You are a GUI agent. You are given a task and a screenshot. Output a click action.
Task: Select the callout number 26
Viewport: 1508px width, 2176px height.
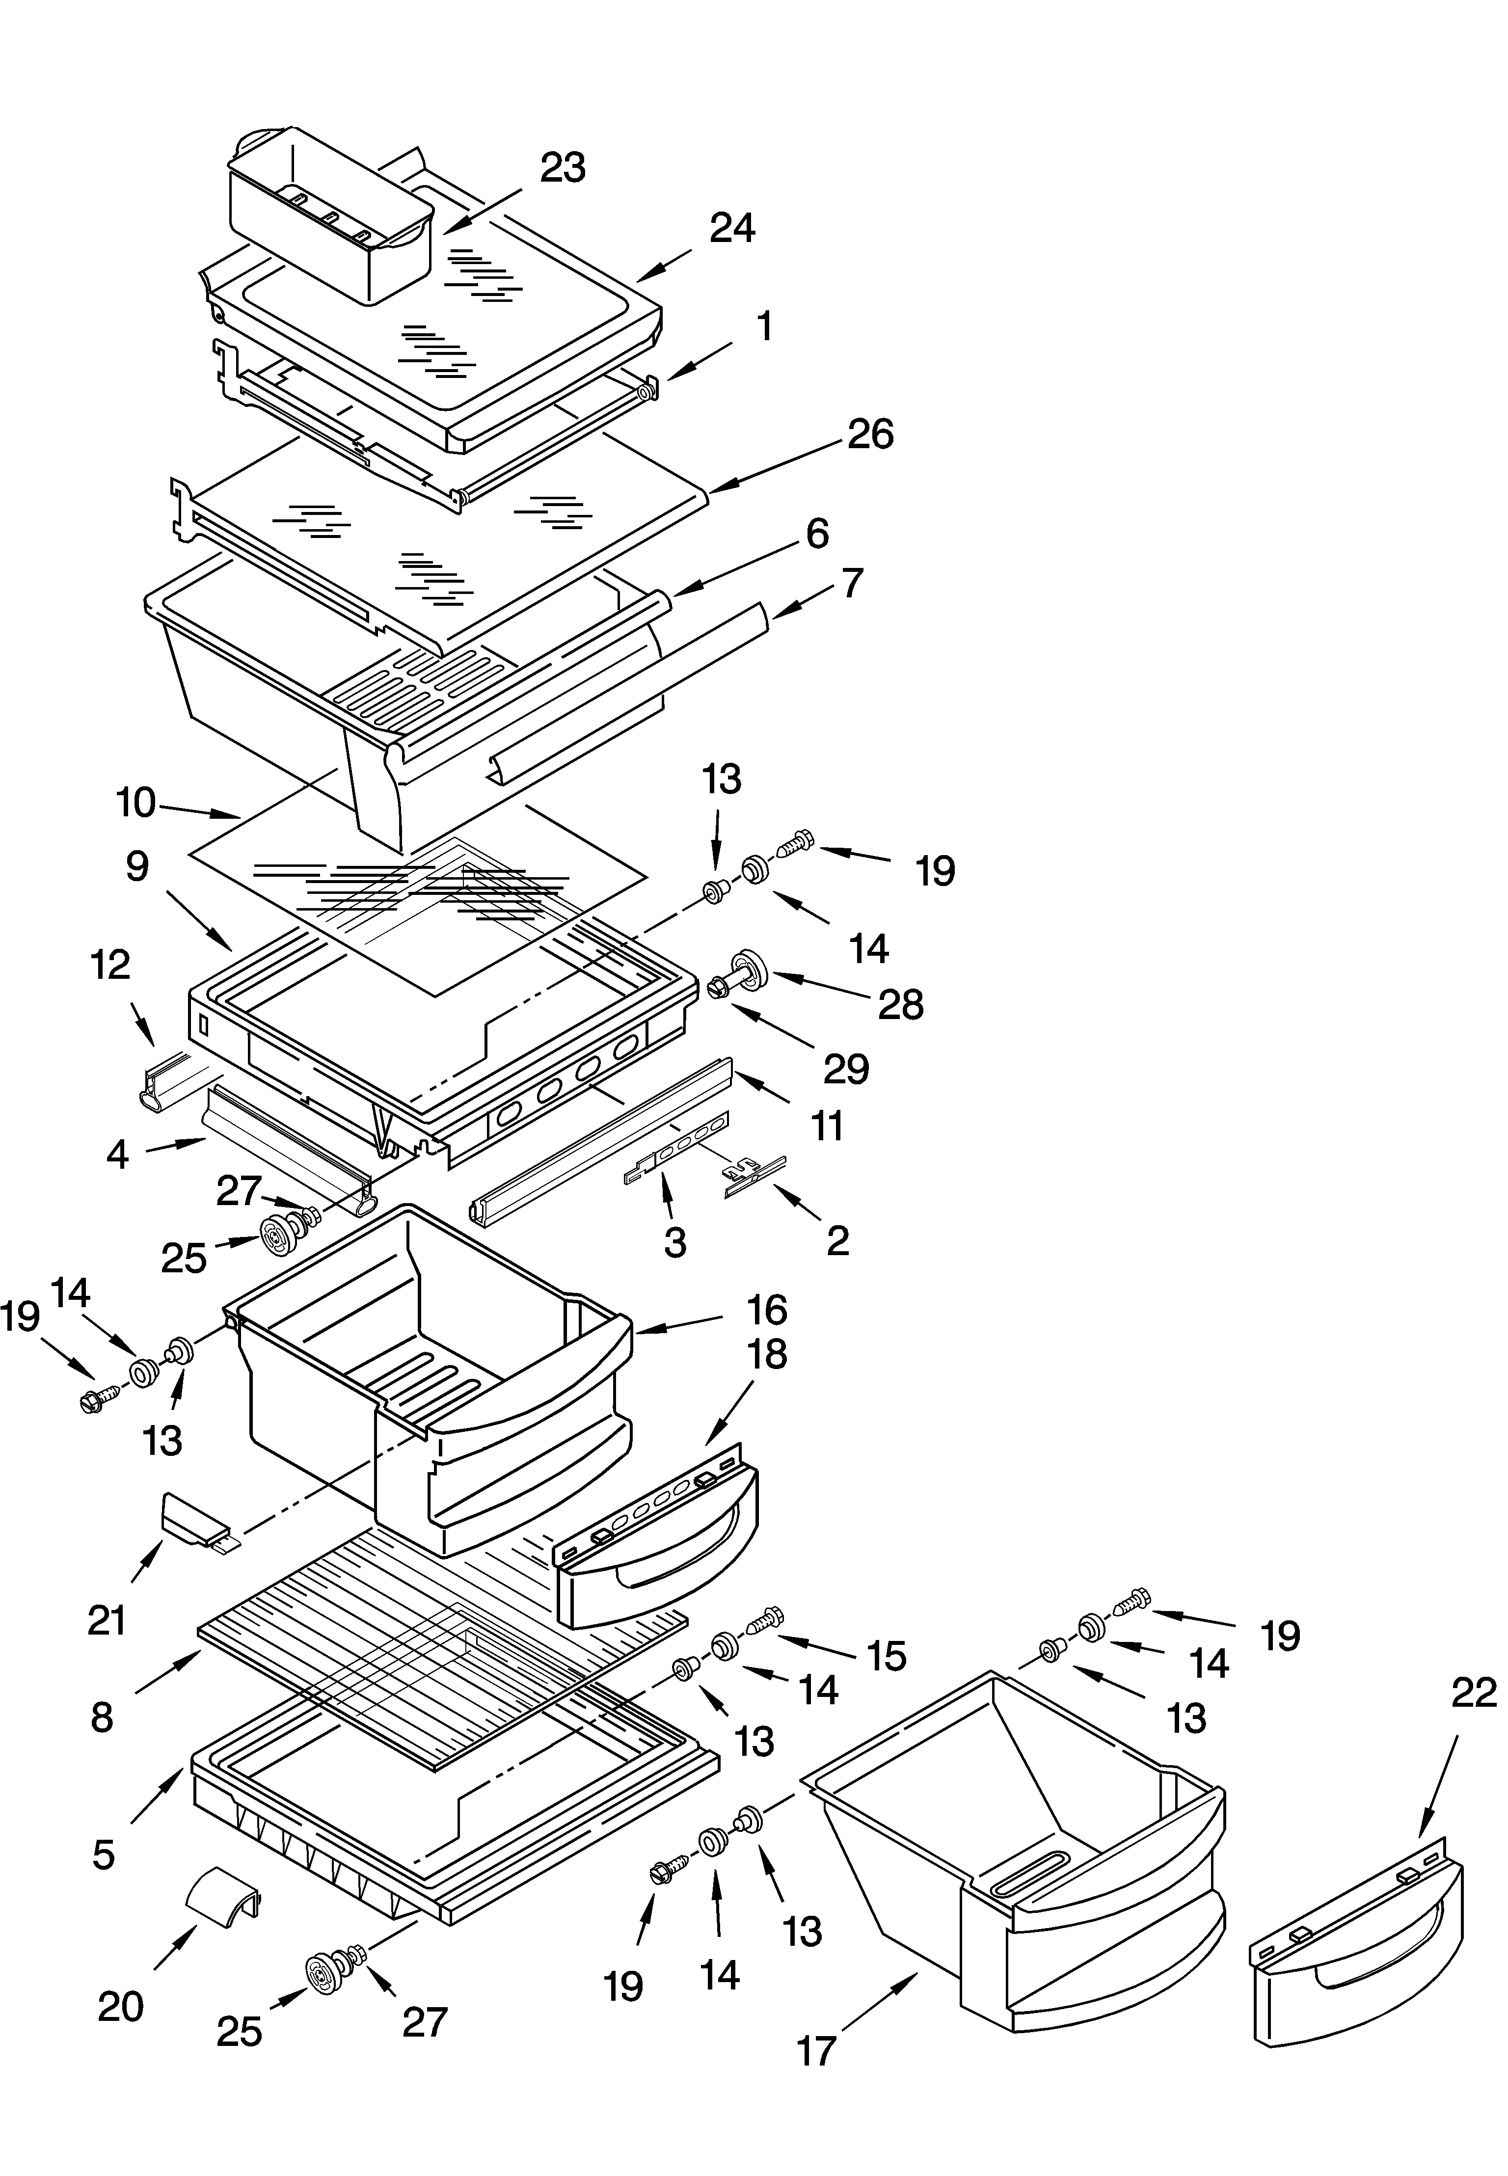(x=870, y=434)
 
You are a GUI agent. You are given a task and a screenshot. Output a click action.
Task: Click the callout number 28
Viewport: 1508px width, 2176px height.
(x=900, y=1005)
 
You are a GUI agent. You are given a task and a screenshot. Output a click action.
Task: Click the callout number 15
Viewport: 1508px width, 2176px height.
(x=886, y=1655)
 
